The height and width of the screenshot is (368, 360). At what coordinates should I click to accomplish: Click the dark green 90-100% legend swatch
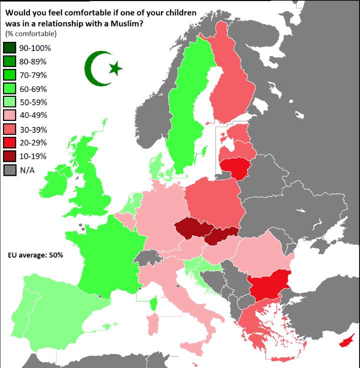coord(10,48)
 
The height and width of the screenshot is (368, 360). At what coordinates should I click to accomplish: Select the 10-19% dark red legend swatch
coord(10,156)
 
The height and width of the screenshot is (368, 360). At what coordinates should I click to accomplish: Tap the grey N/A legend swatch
coord(10,170)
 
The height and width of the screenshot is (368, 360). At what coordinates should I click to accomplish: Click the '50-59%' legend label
coord(33,102)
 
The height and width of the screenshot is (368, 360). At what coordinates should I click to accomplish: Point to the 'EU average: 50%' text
coord(35,255)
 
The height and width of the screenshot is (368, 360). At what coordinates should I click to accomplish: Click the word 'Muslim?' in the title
coord(128,23)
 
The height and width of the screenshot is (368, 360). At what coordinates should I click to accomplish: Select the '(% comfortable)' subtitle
coord(30,34)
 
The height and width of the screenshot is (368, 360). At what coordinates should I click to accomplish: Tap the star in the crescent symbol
coord(115,68)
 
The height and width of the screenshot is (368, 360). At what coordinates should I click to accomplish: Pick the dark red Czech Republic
coord(193,228)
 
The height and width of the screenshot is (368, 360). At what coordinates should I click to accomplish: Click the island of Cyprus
coord(346,342)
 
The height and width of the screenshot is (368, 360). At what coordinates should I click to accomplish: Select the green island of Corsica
coord(154,303)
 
